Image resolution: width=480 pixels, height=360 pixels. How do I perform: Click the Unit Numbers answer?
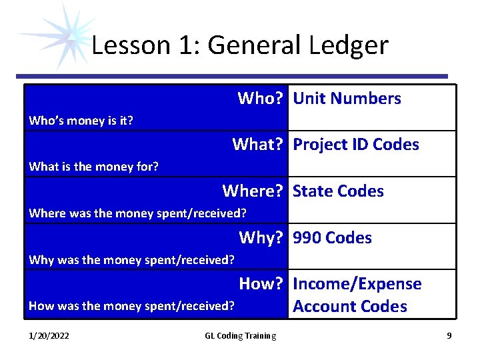pyautogui.click(x=347, y=99)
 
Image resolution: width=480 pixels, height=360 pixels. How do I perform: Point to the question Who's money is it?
pyautogui.click(x=81, y=121)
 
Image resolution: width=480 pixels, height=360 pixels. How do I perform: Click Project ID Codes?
pyautogui.click(x=356, y=145)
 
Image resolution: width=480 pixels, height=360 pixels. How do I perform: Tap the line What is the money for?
pyautogui.click(x=93, y=167)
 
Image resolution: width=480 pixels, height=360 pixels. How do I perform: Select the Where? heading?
pyautogui.click(x=253, y=191)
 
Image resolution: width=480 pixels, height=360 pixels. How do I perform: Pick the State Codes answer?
pyautogui.click(x=338, y=191)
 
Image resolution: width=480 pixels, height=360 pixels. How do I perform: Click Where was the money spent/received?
pyautogui.click(x=137, y=213)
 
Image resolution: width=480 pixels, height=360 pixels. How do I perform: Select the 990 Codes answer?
pyautogui.click(x=332, y=238)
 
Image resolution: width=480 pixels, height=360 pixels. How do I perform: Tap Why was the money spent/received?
pyautogui.click(x=131, y=259)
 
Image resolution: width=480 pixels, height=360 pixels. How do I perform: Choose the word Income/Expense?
pyautogui.click(x=357, y=284)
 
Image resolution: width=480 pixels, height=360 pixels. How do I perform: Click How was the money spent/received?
pyautogui.click(x=131, y=306)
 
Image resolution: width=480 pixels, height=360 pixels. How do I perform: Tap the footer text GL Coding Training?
pyautogui.click(x=240, y=336)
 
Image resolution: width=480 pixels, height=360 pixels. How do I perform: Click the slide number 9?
pyautogui.click(x=449, y=336)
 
